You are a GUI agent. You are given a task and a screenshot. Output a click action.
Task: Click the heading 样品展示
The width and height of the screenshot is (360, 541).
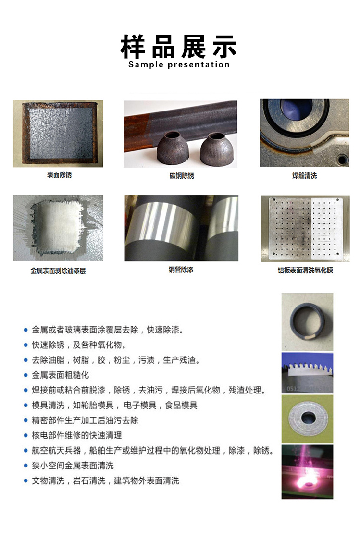tap(179, 47)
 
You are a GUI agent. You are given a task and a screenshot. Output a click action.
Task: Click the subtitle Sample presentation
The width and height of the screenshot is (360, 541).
tap(179, 65)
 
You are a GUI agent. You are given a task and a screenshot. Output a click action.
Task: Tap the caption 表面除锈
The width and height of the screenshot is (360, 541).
tap(60, 175)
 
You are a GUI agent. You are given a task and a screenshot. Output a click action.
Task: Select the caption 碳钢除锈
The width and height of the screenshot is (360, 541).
tap(182, 176)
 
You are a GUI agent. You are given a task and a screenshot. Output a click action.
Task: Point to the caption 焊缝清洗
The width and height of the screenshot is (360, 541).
tap(304, 176)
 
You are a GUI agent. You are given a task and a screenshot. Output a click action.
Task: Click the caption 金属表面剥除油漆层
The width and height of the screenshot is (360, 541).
tap(58, 271)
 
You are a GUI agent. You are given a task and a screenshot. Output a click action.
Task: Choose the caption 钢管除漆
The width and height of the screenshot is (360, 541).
tap(181, 270)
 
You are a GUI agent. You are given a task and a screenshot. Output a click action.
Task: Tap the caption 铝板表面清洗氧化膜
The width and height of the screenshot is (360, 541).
tap(305, 270)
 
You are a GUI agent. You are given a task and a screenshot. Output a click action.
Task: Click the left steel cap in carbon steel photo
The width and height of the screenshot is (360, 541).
tap(173, 149)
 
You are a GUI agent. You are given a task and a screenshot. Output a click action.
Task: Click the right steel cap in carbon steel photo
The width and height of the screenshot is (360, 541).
tap(217, 149)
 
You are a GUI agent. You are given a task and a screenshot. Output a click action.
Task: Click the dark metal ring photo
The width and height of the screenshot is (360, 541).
tap(307, 321)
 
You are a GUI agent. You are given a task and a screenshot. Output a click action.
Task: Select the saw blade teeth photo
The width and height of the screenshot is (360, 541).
tap(307, 373)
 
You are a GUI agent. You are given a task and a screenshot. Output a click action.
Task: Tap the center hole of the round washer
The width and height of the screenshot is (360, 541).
tap(308, 418)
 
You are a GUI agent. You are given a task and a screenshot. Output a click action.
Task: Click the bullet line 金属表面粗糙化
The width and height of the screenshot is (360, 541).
tap(61, 375)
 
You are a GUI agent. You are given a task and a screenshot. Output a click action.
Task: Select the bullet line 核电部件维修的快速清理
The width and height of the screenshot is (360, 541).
tap(76, 435)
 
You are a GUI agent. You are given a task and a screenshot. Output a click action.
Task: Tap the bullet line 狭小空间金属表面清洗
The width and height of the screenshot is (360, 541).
tap(73, 466)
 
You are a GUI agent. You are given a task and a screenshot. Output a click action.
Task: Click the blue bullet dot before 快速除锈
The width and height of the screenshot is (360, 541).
tap(25, 345)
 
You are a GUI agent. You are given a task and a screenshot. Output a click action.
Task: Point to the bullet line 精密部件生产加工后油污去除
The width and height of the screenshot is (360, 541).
tap(85, 420)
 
